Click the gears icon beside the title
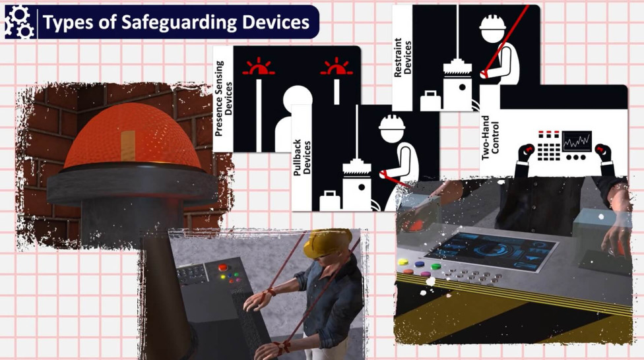[19, 21]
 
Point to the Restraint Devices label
[402, 57]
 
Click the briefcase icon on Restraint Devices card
[431, 101]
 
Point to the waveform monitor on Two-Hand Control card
[576, 141]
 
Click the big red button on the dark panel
[223, 268]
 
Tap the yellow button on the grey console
[404, 262]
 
